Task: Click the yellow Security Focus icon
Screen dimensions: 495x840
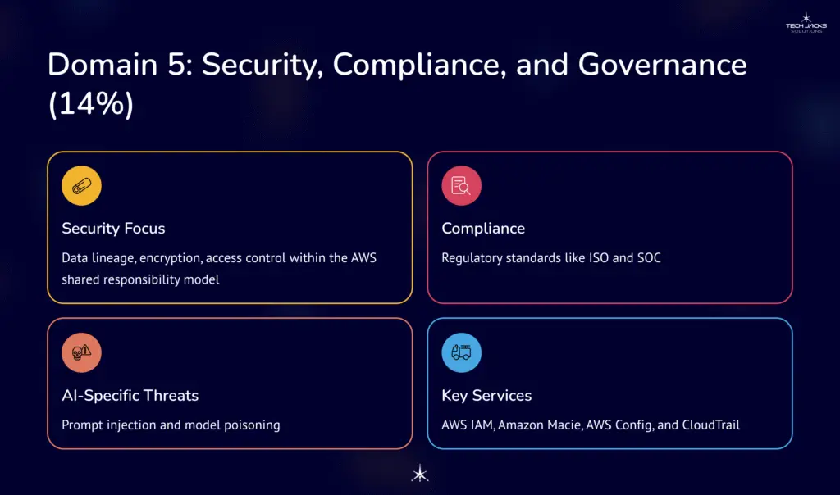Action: tap(81, 186)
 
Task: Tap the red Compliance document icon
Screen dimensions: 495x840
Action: tap(461, 186)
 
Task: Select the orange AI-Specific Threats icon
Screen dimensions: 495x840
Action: tap(81, 353)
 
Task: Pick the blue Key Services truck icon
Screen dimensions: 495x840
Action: tap(461, 353)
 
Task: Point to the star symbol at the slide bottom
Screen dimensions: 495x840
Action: tap(419, 474)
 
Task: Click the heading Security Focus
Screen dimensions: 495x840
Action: tap(113, 229)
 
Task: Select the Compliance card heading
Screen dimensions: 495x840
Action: tap(483, 229)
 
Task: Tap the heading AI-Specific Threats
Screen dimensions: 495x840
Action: tap(130, 395)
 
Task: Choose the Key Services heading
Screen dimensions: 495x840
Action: tap(486, 395)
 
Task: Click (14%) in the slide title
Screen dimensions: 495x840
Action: tap(90, 105)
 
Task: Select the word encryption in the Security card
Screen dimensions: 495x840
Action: tap(170, 258)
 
